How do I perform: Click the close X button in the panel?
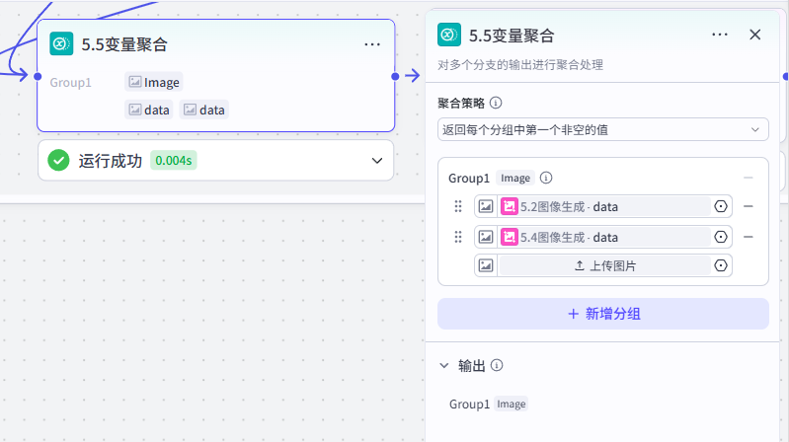point(754,35)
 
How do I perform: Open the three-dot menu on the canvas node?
point(372,44)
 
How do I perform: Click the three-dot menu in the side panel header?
point(720,35)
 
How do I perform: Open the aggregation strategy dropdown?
point(602,129)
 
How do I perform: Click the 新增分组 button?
point(602,314)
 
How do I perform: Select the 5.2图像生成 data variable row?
point(603,206)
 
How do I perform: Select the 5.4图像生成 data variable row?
point(603,237)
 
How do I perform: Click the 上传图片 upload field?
point(603,265)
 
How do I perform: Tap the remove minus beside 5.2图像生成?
point(749,206)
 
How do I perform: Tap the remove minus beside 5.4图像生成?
point(749,237)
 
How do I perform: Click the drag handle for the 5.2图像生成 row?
point(458,206)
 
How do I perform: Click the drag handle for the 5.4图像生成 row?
point(458,237)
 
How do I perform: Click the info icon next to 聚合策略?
point(496,103)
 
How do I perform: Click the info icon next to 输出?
point(497,365)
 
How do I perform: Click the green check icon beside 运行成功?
point(59,161)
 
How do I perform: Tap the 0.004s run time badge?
point(174,161)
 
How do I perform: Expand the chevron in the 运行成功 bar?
point(377,161)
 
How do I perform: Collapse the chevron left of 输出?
point(443,366)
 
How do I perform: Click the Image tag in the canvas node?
point(154,82)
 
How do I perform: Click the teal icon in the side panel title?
point(449,35)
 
